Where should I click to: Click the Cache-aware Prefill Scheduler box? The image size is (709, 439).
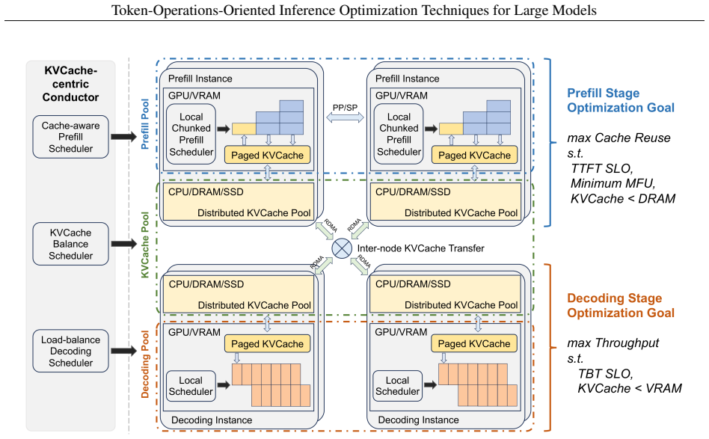click(x=70, y=137)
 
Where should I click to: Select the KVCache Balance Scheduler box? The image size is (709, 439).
click(x=70, y=244)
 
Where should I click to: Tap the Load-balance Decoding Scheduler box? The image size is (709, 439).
click(x=70, y=351)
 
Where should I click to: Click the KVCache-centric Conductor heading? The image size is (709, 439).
click(x=70, y=84)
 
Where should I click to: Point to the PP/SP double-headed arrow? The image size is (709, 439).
click(x=345, y=117)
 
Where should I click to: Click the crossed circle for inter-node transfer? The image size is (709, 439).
click(x=342, y=248)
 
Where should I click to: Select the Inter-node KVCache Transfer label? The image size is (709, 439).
click(x=420, y=248)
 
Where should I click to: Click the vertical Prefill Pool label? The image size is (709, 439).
click(x=144, y=124)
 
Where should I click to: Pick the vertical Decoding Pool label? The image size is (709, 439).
click(x=144, y=364)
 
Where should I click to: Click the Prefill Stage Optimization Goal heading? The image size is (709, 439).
click(x=621, y=100)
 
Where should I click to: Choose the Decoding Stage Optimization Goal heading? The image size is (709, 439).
click(x=621, y=306)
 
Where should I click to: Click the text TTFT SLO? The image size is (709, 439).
click(x=601, y=168)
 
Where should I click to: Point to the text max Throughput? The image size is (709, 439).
click(x=613, y=343)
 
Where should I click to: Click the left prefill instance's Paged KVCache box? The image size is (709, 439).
click(x=267, y=155)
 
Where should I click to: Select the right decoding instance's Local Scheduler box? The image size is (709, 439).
click(x=397, y=386)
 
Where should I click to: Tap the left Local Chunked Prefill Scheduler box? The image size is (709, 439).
click(x=191, y=135)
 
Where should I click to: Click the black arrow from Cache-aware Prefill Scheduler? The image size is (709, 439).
click(x=123, y=137)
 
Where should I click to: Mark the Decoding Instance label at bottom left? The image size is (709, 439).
click(x=212, y=420)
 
